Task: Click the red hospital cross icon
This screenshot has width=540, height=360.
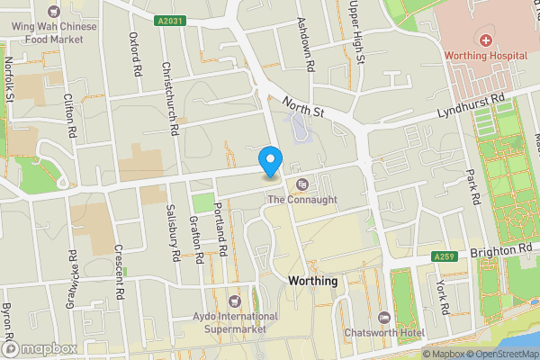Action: coord(485,40)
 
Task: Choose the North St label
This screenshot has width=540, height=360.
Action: coord(302,107)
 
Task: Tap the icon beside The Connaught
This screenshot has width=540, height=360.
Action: coord(302,184)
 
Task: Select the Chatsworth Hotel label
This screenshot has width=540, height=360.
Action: coord(385,333)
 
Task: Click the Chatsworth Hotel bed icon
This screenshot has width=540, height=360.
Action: coord(385,318)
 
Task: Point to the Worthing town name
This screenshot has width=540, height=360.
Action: coord(312,281)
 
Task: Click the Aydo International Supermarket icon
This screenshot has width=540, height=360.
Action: coord(236,301)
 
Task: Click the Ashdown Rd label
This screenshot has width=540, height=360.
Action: coord(306,45)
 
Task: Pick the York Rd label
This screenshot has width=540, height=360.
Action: coord(441,296)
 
